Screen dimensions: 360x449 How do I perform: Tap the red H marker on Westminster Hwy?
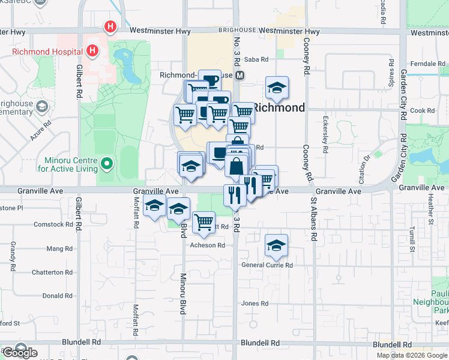pos(110,26)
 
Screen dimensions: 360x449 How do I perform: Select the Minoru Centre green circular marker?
pos(106,163)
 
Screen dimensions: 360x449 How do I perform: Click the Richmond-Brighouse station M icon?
pos(240,76)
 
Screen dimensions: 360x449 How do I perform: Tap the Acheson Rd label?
pos(207,245)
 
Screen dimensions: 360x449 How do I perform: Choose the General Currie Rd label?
pos(267,265)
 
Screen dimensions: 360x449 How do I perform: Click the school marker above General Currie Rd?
pos(276,245)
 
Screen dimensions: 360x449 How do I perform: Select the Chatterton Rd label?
pos(52,272)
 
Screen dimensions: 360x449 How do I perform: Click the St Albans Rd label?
pos(313,218)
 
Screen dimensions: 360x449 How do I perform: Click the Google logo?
pos(20,353)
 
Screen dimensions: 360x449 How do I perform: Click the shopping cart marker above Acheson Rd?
pos(204,221)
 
